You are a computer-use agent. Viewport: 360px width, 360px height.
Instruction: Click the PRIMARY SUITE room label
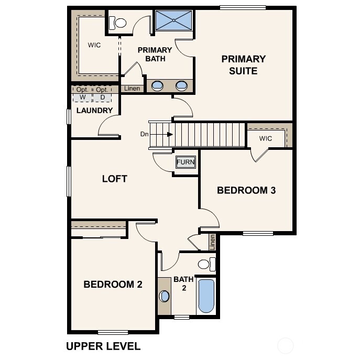(243, 64)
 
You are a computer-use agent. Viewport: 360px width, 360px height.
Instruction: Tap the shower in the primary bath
(174, 21)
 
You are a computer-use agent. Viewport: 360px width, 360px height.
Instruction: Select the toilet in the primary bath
(118, 23)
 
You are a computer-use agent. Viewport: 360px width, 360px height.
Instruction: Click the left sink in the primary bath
(157, 85)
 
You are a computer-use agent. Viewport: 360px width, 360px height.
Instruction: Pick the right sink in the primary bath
(181, 85)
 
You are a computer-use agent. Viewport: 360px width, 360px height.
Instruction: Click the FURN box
(186, 162)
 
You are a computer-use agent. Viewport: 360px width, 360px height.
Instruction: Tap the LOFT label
(114, 179)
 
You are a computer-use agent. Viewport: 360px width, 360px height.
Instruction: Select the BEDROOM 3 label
(246, 190)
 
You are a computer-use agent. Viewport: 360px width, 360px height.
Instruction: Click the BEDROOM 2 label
(113, 285)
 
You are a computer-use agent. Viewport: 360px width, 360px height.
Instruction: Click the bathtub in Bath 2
(206, 296)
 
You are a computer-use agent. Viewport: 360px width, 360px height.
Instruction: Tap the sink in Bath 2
(165, 296)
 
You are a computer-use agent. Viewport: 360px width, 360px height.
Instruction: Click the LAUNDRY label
(94, 111)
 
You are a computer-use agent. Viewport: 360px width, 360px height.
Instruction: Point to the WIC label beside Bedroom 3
(266, 138)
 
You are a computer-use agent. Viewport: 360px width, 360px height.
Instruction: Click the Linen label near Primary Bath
(132, 89)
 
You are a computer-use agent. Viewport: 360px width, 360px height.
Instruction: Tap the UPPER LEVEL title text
(103, 346)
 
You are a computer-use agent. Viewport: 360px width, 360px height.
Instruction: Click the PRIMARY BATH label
(155, 54)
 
